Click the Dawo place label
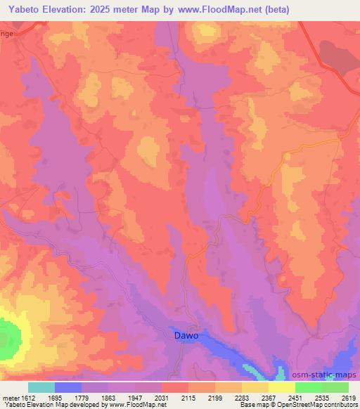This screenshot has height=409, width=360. coord(186,335)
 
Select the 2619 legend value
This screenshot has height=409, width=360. coord(348,398)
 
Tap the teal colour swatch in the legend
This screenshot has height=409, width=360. coord(41,387)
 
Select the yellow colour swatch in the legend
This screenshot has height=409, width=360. coord(281,387)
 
